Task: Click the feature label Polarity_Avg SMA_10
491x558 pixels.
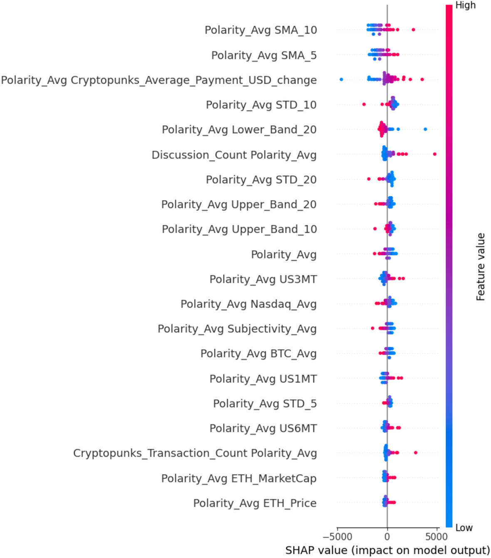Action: [260, 30]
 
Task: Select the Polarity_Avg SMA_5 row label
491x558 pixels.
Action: [264, 55]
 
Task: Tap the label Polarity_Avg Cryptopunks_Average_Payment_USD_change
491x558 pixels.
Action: [159, 80]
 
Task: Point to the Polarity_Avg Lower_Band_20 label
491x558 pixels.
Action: [239, 130]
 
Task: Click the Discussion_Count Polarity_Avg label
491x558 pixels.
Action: [234, 155]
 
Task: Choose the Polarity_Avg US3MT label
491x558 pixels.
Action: [263, 279]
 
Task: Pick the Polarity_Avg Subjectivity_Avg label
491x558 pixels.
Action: [237, 329]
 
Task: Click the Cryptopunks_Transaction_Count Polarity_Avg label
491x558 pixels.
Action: [195, 453]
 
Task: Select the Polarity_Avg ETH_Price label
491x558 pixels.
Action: [255, 503]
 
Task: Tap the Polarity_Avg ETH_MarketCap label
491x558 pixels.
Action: [239, 478]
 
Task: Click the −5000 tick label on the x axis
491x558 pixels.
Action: [337, 537]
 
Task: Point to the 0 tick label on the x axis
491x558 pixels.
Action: [387, 537]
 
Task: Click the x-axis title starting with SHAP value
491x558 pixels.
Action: [387, 550]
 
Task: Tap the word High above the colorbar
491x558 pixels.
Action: [465, 5]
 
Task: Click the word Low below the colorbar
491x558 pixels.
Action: [464, 528]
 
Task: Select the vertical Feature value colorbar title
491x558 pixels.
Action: [481, 267]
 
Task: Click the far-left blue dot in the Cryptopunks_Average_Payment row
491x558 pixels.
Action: [341, 79]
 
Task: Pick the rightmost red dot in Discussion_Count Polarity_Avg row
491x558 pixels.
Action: [435, 154]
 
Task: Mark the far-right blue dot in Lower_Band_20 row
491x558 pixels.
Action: [425, 130]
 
